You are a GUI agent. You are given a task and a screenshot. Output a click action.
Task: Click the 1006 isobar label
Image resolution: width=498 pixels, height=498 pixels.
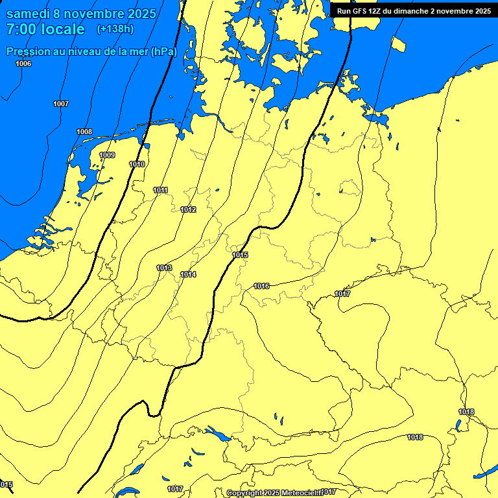pos(23,64)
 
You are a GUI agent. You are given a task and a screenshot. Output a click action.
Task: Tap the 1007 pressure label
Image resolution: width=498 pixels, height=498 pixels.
pos(61,104)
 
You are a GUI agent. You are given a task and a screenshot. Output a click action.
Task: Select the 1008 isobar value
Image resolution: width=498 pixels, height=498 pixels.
pos(84,132)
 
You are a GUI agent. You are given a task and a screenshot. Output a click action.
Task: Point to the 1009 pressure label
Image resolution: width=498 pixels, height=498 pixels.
pos(107,155)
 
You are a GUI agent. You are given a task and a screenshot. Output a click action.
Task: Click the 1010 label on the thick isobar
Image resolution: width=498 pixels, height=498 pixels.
pos(137,164)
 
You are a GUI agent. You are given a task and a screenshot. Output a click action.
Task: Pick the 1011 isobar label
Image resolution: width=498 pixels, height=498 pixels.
pos(161,190)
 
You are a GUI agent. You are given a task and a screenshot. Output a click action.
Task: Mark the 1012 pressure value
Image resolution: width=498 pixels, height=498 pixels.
pos(188,209)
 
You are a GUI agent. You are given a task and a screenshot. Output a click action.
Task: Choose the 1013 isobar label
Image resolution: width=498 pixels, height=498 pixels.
pos(164,268)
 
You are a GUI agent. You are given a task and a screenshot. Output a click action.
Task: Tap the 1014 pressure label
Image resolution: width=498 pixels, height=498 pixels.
pos(188,274)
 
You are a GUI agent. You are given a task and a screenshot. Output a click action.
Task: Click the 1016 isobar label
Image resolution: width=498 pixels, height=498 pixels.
pos(261,286)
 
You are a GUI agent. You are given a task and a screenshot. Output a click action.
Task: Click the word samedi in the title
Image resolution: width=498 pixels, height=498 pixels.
pos(30,14)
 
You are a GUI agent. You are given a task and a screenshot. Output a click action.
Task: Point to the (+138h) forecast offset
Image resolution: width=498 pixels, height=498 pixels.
pos(115,29)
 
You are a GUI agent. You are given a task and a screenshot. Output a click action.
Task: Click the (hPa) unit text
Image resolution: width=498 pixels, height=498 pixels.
pos(164,52)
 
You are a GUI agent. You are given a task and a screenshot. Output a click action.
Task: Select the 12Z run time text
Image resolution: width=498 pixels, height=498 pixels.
pos(375,11)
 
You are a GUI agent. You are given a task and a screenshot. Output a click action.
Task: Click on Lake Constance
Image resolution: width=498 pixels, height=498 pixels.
pos(215,433)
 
